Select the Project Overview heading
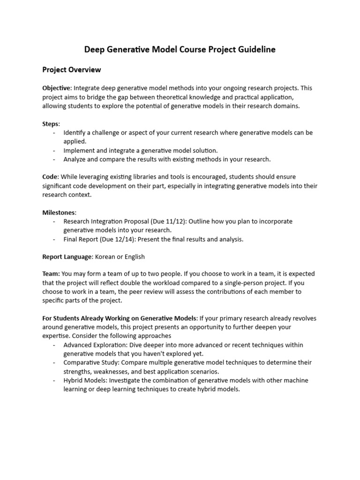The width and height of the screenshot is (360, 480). [x=72, y=70]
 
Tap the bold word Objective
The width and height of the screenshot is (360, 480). [x=56, y=88]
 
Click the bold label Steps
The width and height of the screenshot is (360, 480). [x=51, y=124]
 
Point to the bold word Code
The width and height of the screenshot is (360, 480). [x=50, y=177]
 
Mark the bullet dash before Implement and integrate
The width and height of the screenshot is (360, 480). [x=54, y=150]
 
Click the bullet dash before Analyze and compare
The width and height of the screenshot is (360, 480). [x=54, y=159]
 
